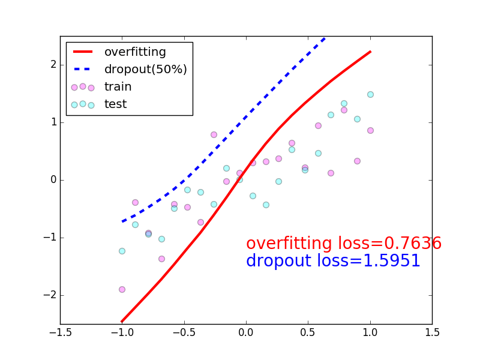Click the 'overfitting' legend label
coord(135,52)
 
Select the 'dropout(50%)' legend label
coord(146,70)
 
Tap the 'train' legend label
coord(118,87)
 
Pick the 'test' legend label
coord(116,104)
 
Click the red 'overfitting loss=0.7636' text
coord(344,244)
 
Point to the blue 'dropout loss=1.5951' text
coord(333,261)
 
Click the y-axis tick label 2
coord(53,65)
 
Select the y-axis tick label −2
coord(49,295)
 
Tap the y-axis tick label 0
coord(53,180)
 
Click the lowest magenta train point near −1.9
coord(122,289)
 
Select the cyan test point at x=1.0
coord(370,94)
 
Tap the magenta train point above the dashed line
coord(214,134)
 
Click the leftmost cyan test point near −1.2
coord(122,251)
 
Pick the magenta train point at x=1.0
coord(370,130)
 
